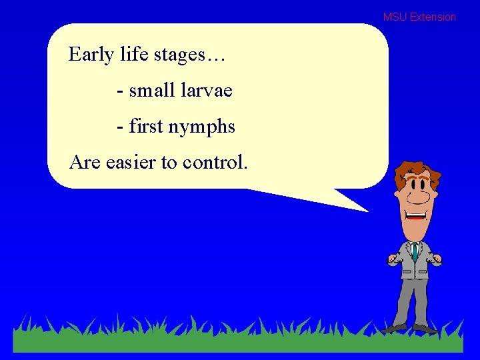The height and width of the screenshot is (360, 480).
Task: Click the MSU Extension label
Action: pyautogui.click(x=419, y=17)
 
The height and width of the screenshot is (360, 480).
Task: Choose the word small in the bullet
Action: pyautogui.click(x=153, y=90)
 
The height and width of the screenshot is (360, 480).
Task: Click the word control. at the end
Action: pyautogui.click(x=215, y=162)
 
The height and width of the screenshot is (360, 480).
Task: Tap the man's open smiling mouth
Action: pyautogui.click(x=416, y=217)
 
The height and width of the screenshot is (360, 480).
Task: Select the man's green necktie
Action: pyautogui.click(x=415, y=251)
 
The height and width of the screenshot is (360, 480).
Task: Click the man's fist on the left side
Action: pyautogui.click(x=393, y=259)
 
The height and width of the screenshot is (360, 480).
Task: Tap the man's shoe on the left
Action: pyautogui.click(x=393, y=327)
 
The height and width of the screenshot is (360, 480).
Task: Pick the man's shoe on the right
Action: pyautogui.click(x=425, y=328)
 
